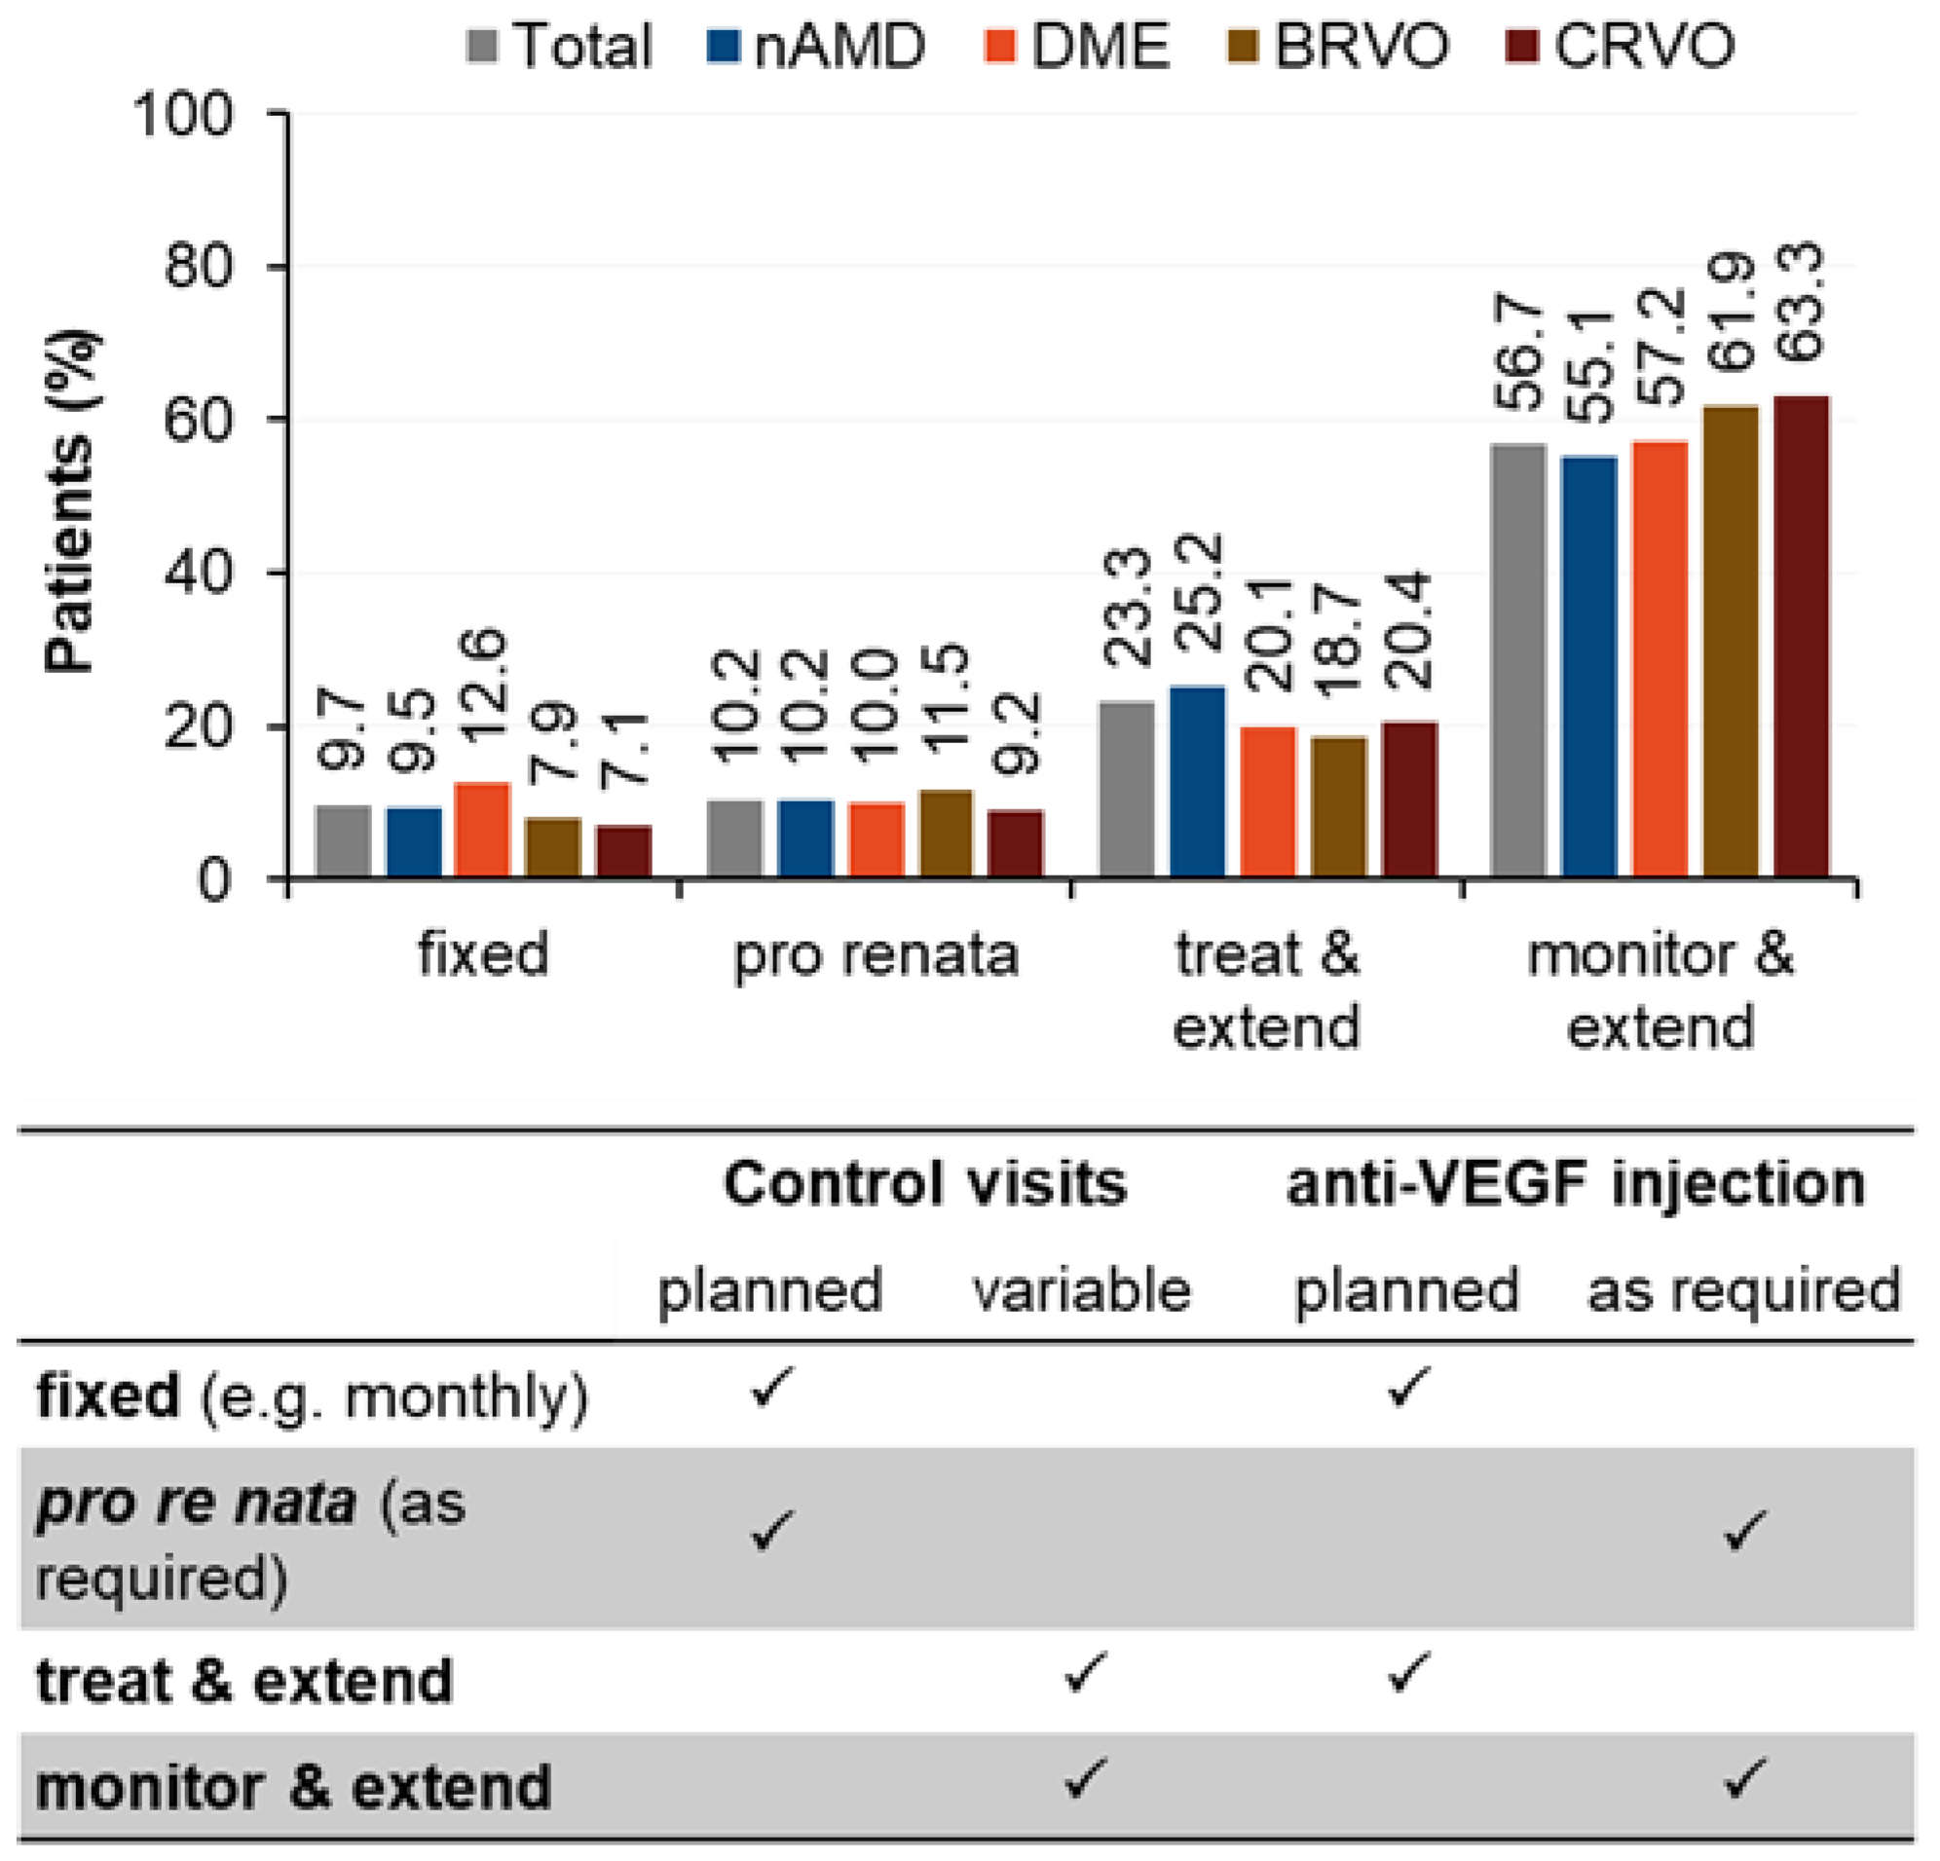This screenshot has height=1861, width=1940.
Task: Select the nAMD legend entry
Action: point(816,47)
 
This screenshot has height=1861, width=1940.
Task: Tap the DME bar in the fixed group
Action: point(482,830)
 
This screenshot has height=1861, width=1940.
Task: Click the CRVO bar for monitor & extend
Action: point(1803,637)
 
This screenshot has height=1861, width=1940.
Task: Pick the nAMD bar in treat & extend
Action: point(1198,781)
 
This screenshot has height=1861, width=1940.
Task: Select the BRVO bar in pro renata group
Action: point(947,834)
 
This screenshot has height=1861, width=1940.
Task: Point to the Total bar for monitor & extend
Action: point(1518,660)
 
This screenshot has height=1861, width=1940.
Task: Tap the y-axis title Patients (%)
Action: point(70,502)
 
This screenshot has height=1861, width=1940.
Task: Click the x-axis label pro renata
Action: point(876,956)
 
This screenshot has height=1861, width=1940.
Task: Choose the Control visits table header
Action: point(925,1183)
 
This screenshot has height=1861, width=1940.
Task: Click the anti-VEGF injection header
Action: point(1576,1183)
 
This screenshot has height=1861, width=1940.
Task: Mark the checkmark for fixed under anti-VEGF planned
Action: point(1407,1387)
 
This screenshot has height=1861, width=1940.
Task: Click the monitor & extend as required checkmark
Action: point(1744,1779)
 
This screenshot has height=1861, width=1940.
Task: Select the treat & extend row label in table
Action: point(244,1681)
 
